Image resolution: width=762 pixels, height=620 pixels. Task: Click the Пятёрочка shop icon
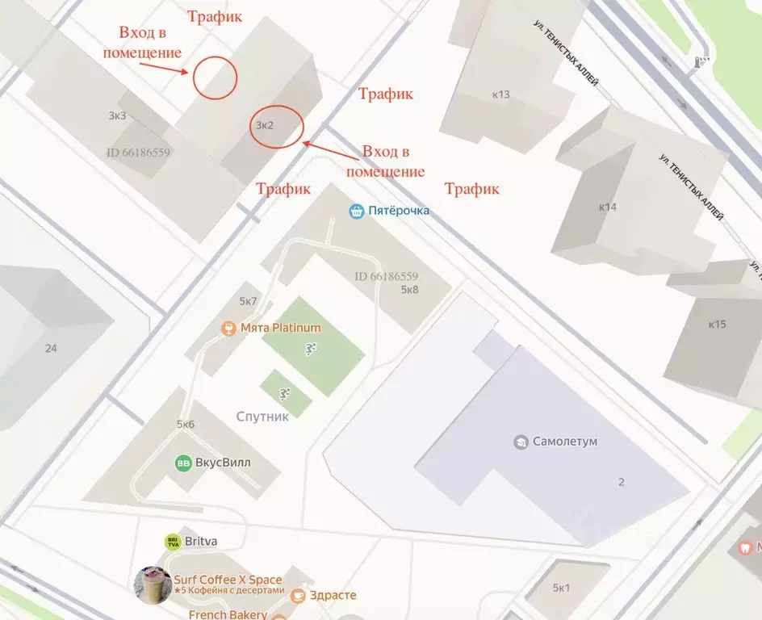click(357, 212)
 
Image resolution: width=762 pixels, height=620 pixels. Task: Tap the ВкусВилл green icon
click(183, 463)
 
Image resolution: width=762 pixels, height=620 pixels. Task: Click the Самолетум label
click(565, 442)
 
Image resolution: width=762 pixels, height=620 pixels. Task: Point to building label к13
click(500, 94)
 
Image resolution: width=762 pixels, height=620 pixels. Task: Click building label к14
click(607, 207)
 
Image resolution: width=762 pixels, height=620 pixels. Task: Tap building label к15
click(717, 325)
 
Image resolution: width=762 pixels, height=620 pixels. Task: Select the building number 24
click(52, 349)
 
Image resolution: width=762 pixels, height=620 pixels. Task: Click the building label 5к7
click(247, 302)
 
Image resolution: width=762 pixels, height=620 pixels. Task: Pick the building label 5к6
click(186, 425)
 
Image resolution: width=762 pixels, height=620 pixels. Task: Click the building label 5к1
click(561, 588)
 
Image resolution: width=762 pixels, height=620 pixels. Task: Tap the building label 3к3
click(117, 115)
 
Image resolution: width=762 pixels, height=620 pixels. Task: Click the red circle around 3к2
click(276, 127)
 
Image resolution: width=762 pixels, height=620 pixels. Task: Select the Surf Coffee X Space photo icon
click(152, 584)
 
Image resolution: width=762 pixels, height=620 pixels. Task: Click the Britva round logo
click(173, 542)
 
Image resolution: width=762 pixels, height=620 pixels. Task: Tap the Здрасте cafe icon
click(298, 596)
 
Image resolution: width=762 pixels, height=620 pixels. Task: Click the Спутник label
click(263, 417)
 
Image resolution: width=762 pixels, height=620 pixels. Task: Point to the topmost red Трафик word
click(214, 16)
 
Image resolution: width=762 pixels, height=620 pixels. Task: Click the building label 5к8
click(409, 290)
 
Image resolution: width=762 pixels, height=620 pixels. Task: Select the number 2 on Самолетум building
click(621, 482)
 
